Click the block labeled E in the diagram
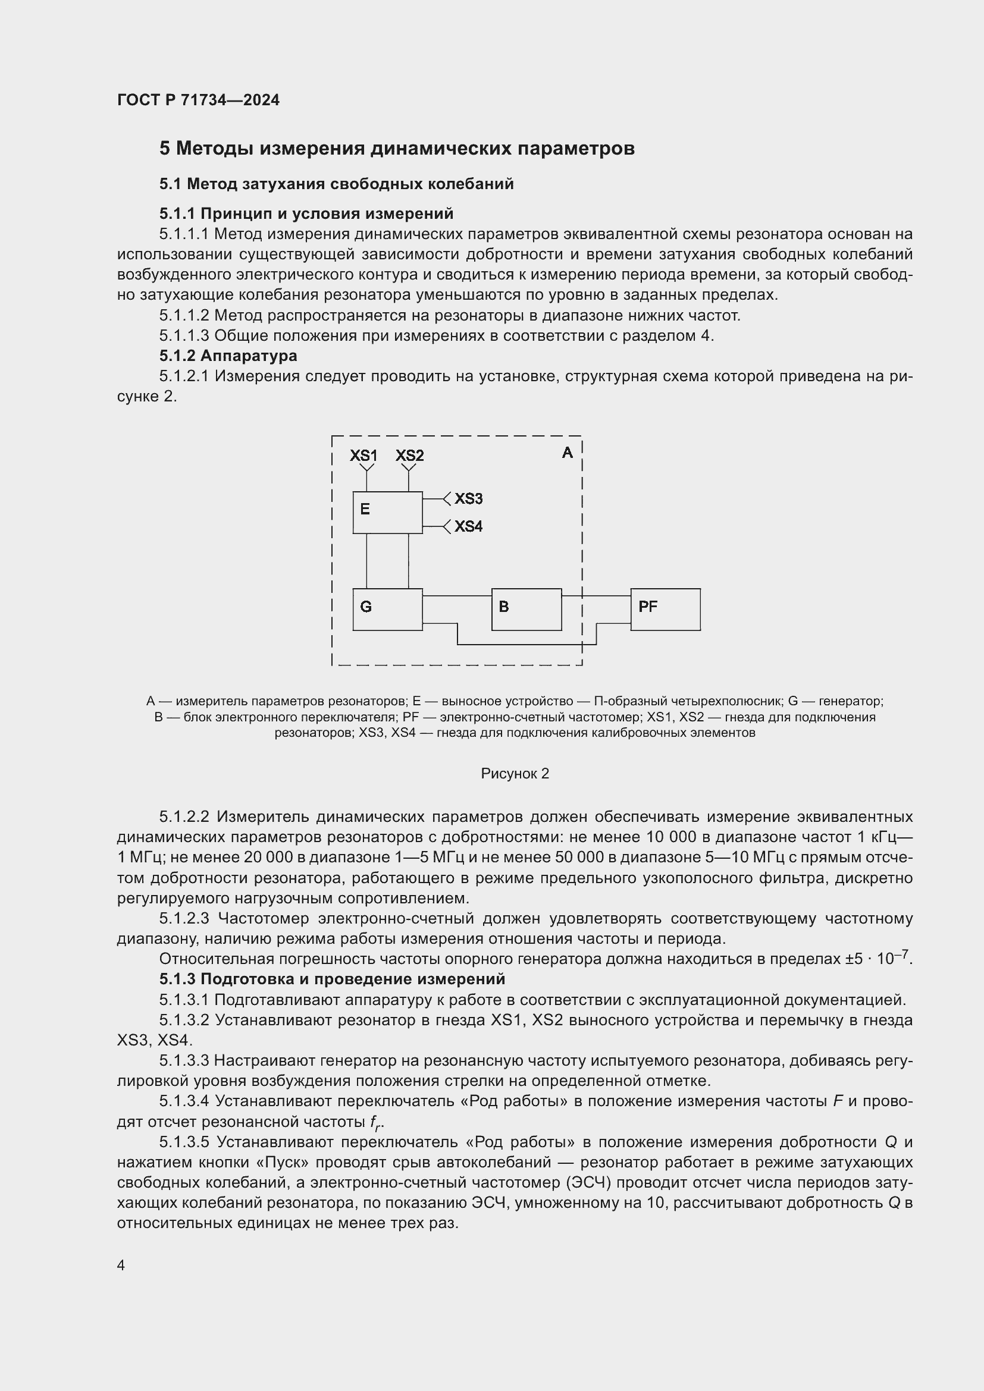point(387,513)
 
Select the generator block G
point(387,609)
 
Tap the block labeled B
point(526,609)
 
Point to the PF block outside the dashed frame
point(665,609)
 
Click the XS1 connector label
point(363,456)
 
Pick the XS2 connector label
point(409,456)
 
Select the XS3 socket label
point(468,498)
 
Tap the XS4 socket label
point(468,526)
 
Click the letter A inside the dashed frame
point(567,453)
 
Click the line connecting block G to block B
point(457,596)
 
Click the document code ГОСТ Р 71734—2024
point(198,101)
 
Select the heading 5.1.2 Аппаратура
point(228,356)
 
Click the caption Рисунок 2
point(515,774)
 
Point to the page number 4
point(121,1266)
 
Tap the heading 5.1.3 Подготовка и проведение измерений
point(332,979)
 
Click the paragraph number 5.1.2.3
point(184,919)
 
